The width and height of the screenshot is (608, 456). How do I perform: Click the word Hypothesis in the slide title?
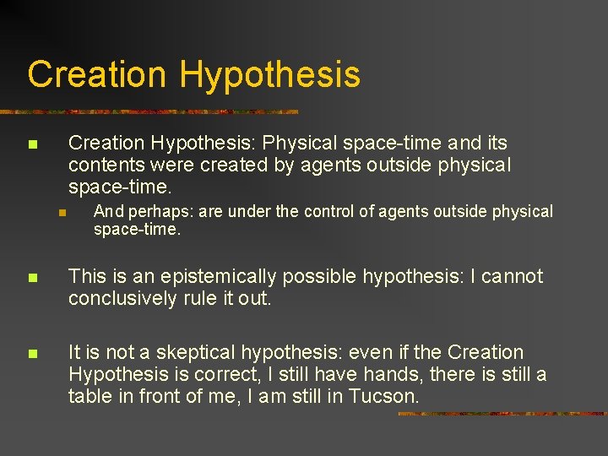[x=269, y=74]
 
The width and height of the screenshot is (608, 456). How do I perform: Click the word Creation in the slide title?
[x=97, y=74]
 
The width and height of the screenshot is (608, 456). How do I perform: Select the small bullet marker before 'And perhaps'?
[x=62, y=212]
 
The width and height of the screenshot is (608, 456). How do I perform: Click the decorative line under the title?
[x=152, y=111]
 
